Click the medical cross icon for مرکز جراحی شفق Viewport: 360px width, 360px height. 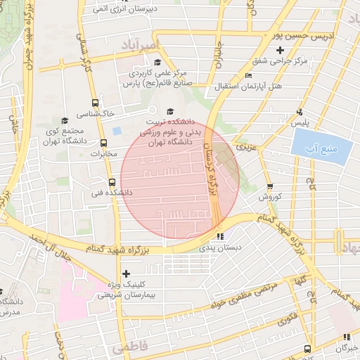click(281, 50)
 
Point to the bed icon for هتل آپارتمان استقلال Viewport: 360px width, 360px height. click(247, 76)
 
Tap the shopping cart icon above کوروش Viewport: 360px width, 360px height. click(271, 186)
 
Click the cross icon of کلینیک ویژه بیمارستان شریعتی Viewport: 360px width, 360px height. click(126, 274)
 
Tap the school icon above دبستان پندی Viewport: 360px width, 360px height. click(221, 237)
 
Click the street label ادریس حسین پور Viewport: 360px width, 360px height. click(302, 34)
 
